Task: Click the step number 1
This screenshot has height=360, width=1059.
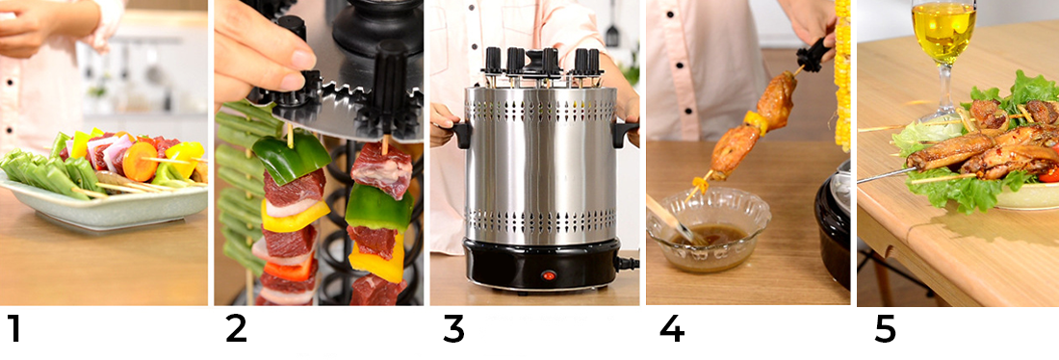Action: point(14,328)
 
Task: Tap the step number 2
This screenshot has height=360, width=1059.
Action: point(236,328)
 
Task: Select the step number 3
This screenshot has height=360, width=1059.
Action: point(453,328)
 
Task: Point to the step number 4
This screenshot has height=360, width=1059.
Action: point(671,328)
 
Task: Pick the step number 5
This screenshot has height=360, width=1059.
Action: point(885,329)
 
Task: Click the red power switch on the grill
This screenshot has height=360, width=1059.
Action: point(549,275)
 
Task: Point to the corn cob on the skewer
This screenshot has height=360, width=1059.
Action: point(842,74)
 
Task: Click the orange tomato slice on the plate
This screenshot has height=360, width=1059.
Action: point(140,162)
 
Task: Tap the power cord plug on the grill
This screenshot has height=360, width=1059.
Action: point(628,262)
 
